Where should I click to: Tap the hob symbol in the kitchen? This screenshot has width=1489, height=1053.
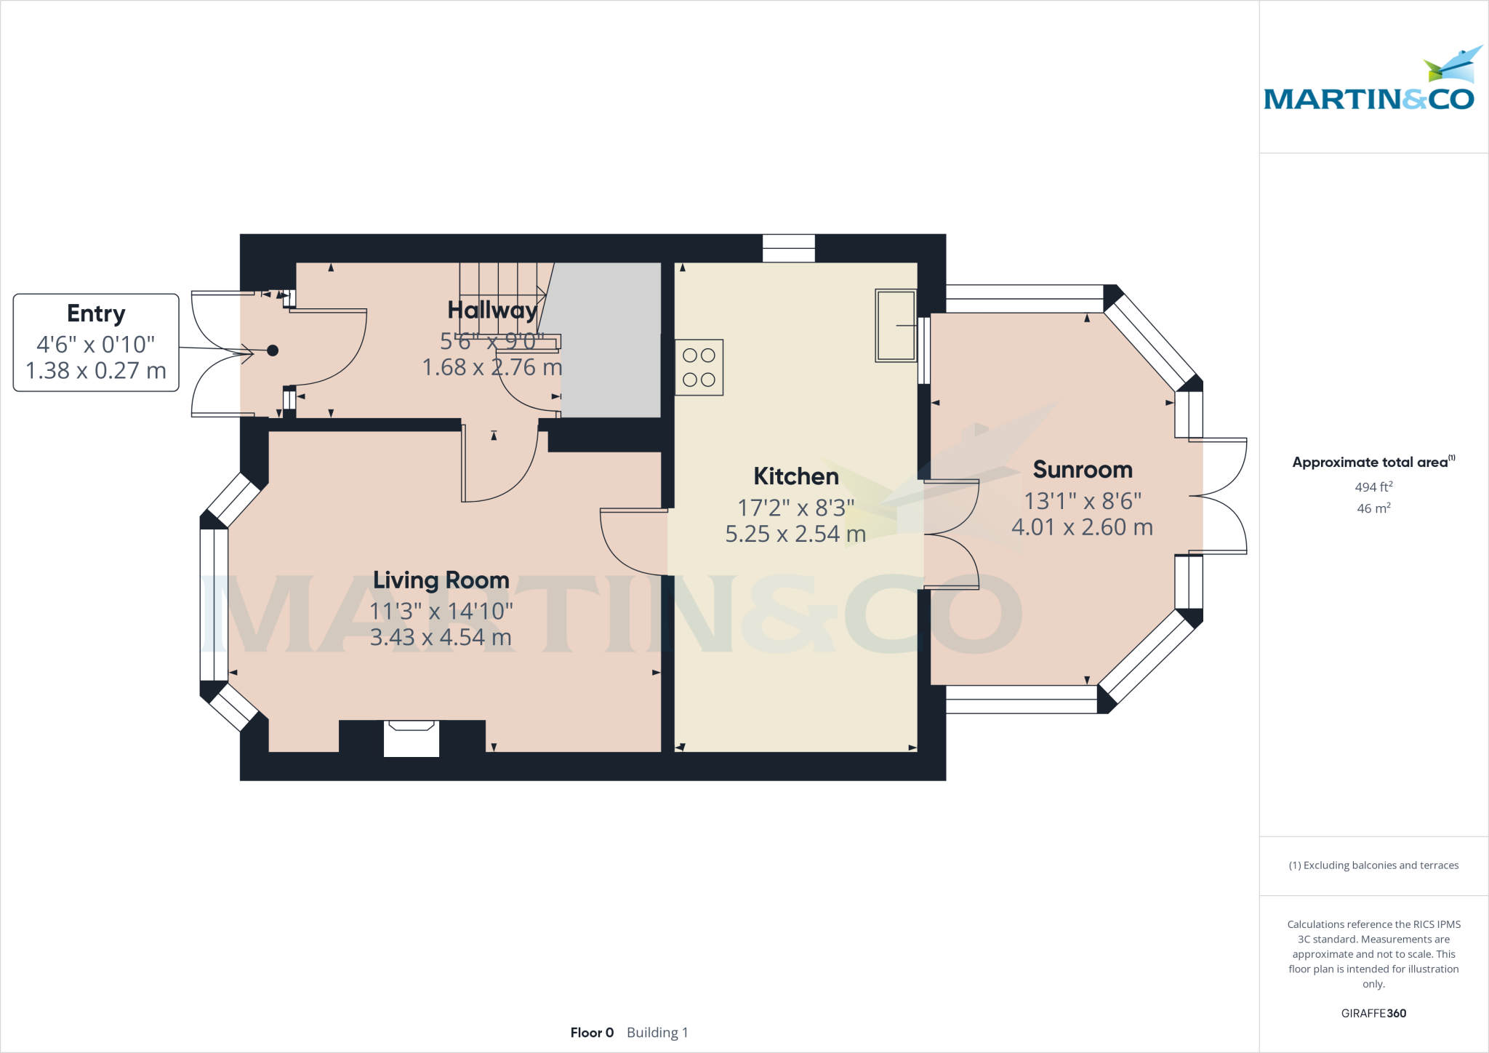pos(699,367)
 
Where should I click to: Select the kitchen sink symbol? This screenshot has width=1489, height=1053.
pos(895,325)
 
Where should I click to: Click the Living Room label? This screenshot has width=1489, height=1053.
pos(441,580)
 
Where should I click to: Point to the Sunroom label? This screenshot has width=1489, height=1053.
pos(1083,470)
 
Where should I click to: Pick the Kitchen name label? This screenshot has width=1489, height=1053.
pos(795,476)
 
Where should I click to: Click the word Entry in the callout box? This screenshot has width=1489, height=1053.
pos(96,313)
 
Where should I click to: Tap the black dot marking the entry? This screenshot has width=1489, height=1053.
pos(273,351)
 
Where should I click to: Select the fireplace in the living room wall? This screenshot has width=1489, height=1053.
pos(412,737)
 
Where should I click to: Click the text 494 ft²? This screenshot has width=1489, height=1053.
pos(1373,487)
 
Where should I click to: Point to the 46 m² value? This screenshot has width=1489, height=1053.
pos(1373,508)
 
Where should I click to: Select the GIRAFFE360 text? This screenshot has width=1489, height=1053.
pos(1373,1013)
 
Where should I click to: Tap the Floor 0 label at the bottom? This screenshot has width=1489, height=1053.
pos(592,1033)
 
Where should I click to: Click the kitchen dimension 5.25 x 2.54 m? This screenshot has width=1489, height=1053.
pos(795,534)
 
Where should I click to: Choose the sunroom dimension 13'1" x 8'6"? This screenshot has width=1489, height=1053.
pos(1083,501)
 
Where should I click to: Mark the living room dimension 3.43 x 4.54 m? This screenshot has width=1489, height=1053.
pos(441,638)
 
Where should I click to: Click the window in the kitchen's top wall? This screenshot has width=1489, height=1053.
pos(788,248)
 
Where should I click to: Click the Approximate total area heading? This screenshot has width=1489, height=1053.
pos(1370,463)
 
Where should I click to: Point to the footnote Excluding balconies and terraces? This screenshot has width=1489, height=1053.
pos(1373,865)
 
